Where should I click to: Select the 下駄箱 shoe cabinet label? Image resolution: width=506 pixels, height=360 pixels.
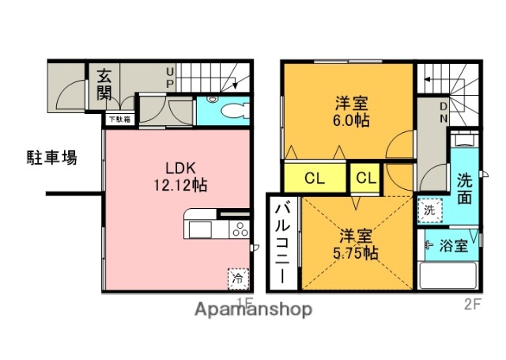point(120,119)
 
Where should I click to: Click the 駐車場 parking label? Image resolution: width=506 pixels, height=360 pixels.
point(47,157)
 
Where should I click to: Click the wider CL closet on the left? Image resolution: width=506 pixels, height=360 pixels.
point(314,178)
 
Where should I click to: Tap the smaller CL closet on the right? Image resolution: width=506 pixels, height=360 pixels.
point(365,178)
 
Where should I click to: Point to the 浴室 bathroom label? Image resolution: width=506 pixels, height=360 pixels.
point(454,245)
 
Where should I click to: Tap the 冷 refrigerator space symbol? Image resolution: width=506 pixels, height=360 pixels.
point(236,278)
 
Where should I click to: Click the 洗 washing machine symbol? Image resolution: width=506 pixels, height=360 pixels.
point(429,211)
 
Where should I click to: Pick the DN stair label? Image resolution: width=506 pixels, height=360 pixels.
point(444,112)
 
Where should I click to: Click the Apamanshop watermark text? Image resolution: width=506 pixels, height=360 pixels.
point(253,309)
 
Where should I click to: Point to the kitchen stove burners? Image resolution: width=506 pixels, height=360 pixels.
point(239,230)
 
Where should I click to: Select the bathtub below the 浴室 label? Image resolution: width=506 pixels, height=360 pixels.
point(447,276)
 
